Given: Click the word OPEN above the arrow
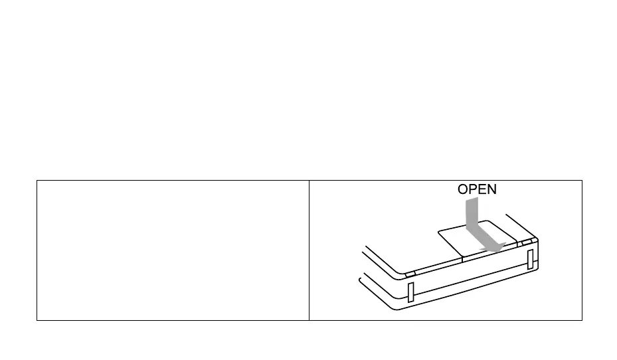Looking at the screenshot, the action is [x=477, y=189].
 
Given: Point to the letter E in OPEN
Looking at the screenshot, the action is [x=482, y=189].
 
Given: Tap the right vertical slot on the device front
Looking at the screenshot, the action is [x=530, y=260].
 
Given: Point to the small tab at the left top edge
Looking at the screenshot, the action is [x=410, y=273].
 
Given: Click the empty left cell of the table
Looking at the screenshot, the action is [x=173, y=250].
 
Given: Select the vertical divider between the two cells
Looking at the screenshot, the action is [x=309, y=250].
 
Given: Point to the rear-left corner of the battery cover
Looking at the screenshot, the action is [x=440, y=232].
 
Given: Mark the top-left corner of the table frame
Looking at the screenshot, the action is [x=37, y=180].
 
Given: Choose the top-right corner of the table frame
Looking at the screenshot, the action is [x=582, y=180].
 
